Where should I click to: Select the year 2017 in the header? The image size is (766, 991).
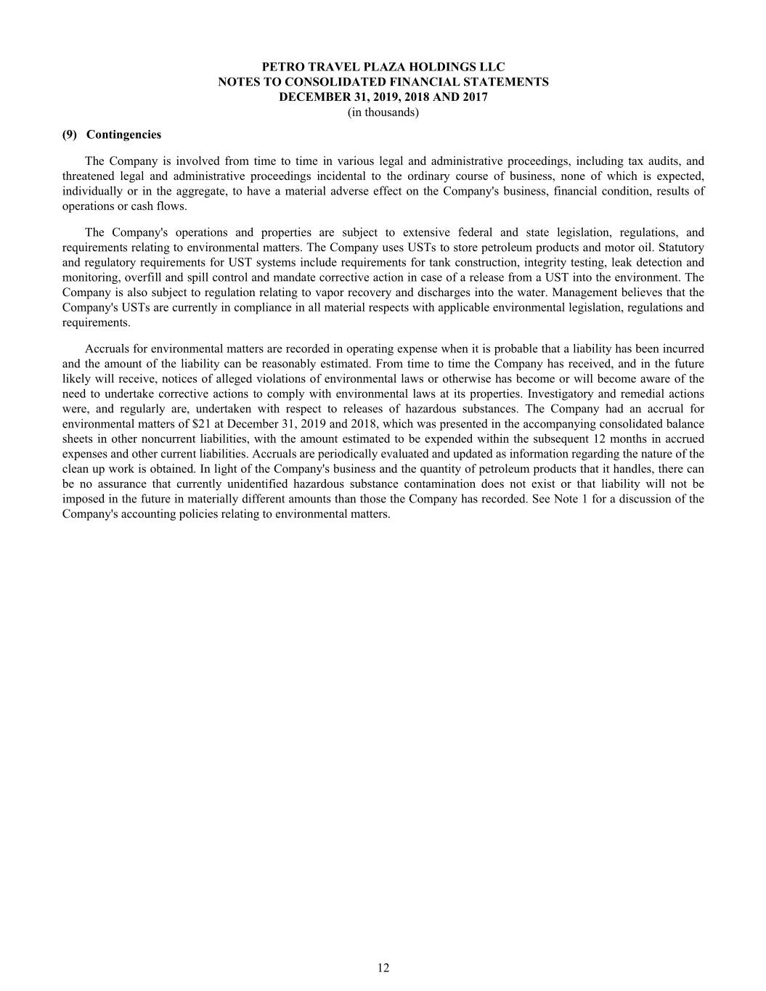pos(473,97)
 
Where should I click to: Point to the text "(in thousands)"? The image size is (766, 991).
pos(383,113)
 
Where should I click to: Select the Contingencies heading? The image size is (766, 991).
pos(124,135)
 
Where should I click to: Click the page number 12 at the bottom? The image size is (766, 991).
pos(383,968)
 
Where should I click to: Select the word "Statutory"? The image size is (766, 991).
pos(680,248)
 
